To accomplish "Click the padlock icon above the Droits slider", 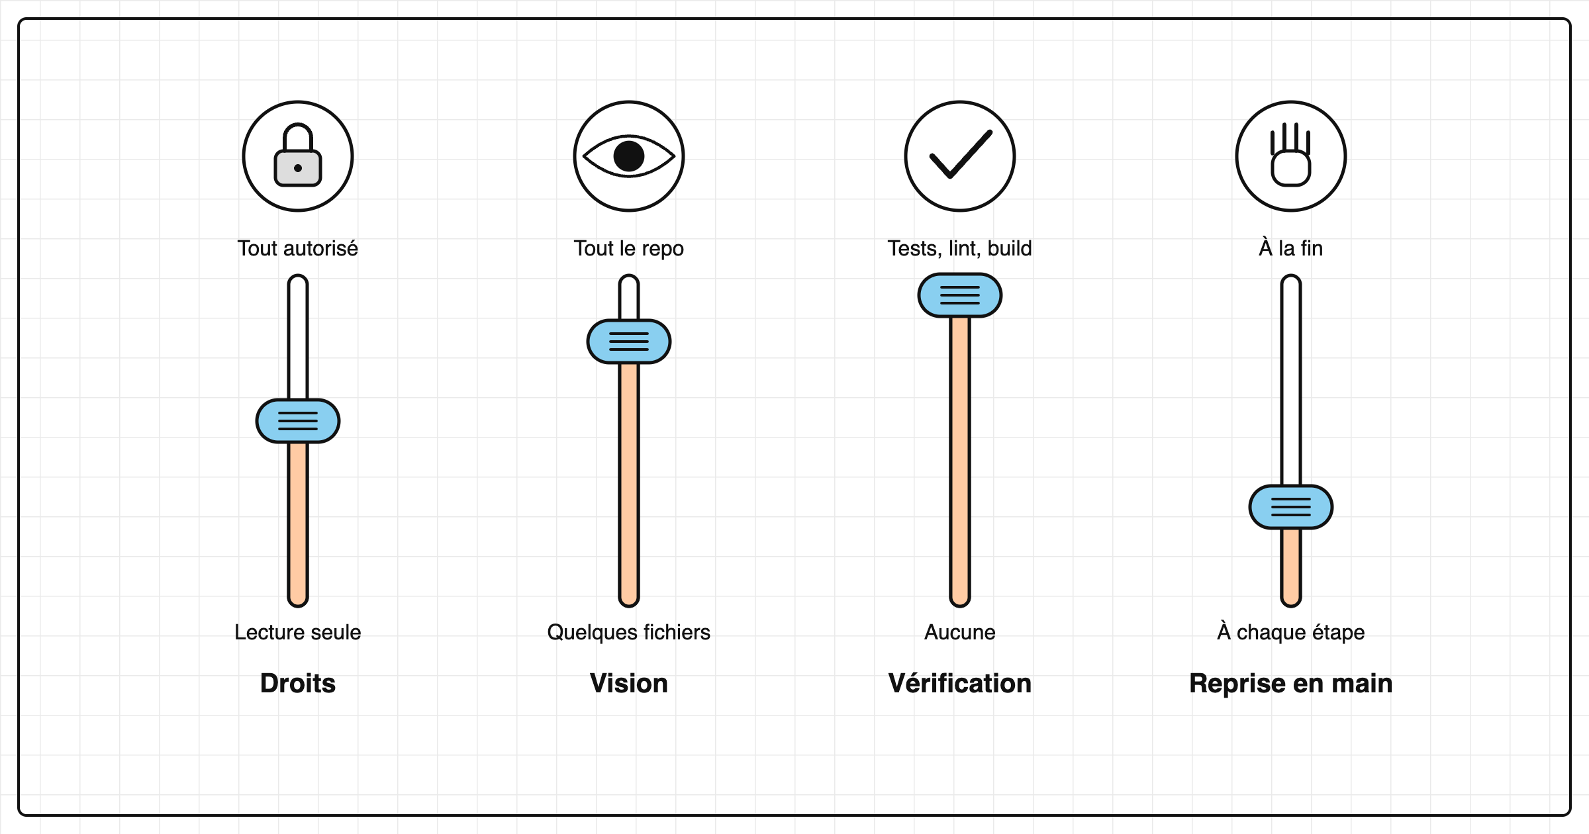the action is [298, 156].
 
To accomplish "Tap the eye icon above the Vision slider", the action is [629, 156].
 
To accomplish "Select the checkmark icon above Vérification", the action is [960, 156].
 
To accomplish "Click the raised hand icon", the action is [1291, 156].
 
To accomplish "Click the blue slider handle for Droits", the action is [298, 421].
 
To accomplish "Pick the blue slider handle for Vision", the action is [629, 342].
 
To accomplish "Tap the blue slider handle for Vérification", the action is [960, 295].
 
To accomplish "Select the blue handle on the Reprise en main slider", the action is [1291, 507].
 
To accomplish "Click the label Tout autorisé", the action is [298, 248].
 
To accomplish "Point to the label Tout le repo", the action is [629, 249].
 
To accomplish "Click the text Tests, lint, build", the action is [960, 249].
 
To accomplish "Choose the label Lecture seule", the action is [298, 632].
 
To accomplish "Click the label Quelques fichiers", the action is [629, 633].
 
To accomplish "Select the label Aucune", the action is [960, 632].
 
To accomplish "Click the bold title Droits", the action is [298, 683].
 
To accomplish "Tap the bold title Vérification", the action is [960, 682].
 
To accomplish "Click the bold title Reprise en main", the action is [1291, 684].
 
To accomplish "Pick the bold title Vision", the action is [629, 683].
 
